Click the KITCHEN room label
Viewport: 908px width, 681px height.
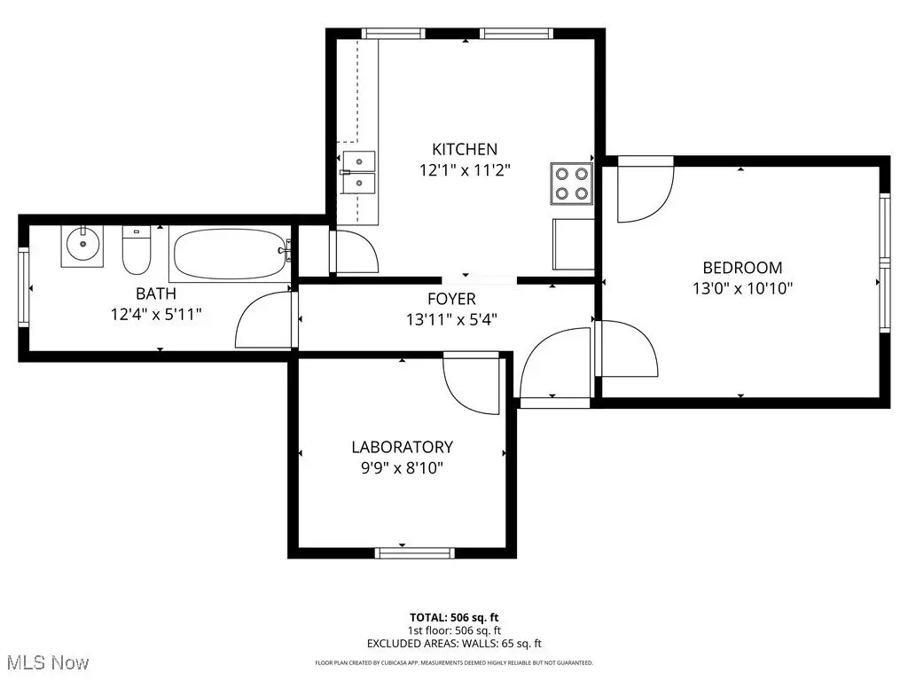(465, 149)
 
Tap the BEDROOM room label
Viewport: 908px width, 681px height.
(742, 268)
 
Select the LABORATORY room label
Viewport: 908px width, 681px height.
(403, 447)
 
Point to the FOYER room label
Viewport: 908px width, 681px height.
(451, 299)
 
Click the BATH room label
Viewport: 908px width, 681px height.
(156, 294)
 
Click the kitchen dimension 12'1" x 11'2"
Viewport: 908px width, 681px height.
(465, 170)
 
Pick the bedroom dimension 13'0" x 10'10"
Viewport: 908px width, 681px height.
(742, 288)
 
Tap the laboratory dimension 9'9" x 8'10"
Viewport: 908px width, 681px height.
(403, 467)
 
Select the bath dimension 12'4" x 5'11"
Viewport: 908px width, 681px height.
(156, 315)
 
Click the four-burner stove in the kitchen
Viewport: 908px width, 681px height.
(572, 184)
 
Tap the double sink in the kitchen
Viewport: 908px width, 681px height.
(358, 172)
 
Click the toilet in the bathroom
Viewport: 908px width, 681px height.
(137, 250)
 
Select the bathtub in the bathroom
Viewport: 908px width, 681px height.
(231, 254)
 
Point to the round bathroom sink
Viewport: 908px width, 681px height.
(82, 247)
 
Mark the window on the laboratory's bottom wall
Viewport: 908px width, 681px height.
(415, 553)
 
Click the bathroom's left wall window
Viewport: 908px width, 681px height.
(24, 287)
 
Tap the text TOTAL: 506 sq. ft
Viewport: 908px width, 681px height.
(454, 617)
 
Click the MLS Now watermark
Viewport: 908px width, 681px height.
(48, 662)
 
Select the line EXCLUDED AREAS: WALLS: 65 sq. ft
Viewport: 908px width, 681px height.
(454, 644)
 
